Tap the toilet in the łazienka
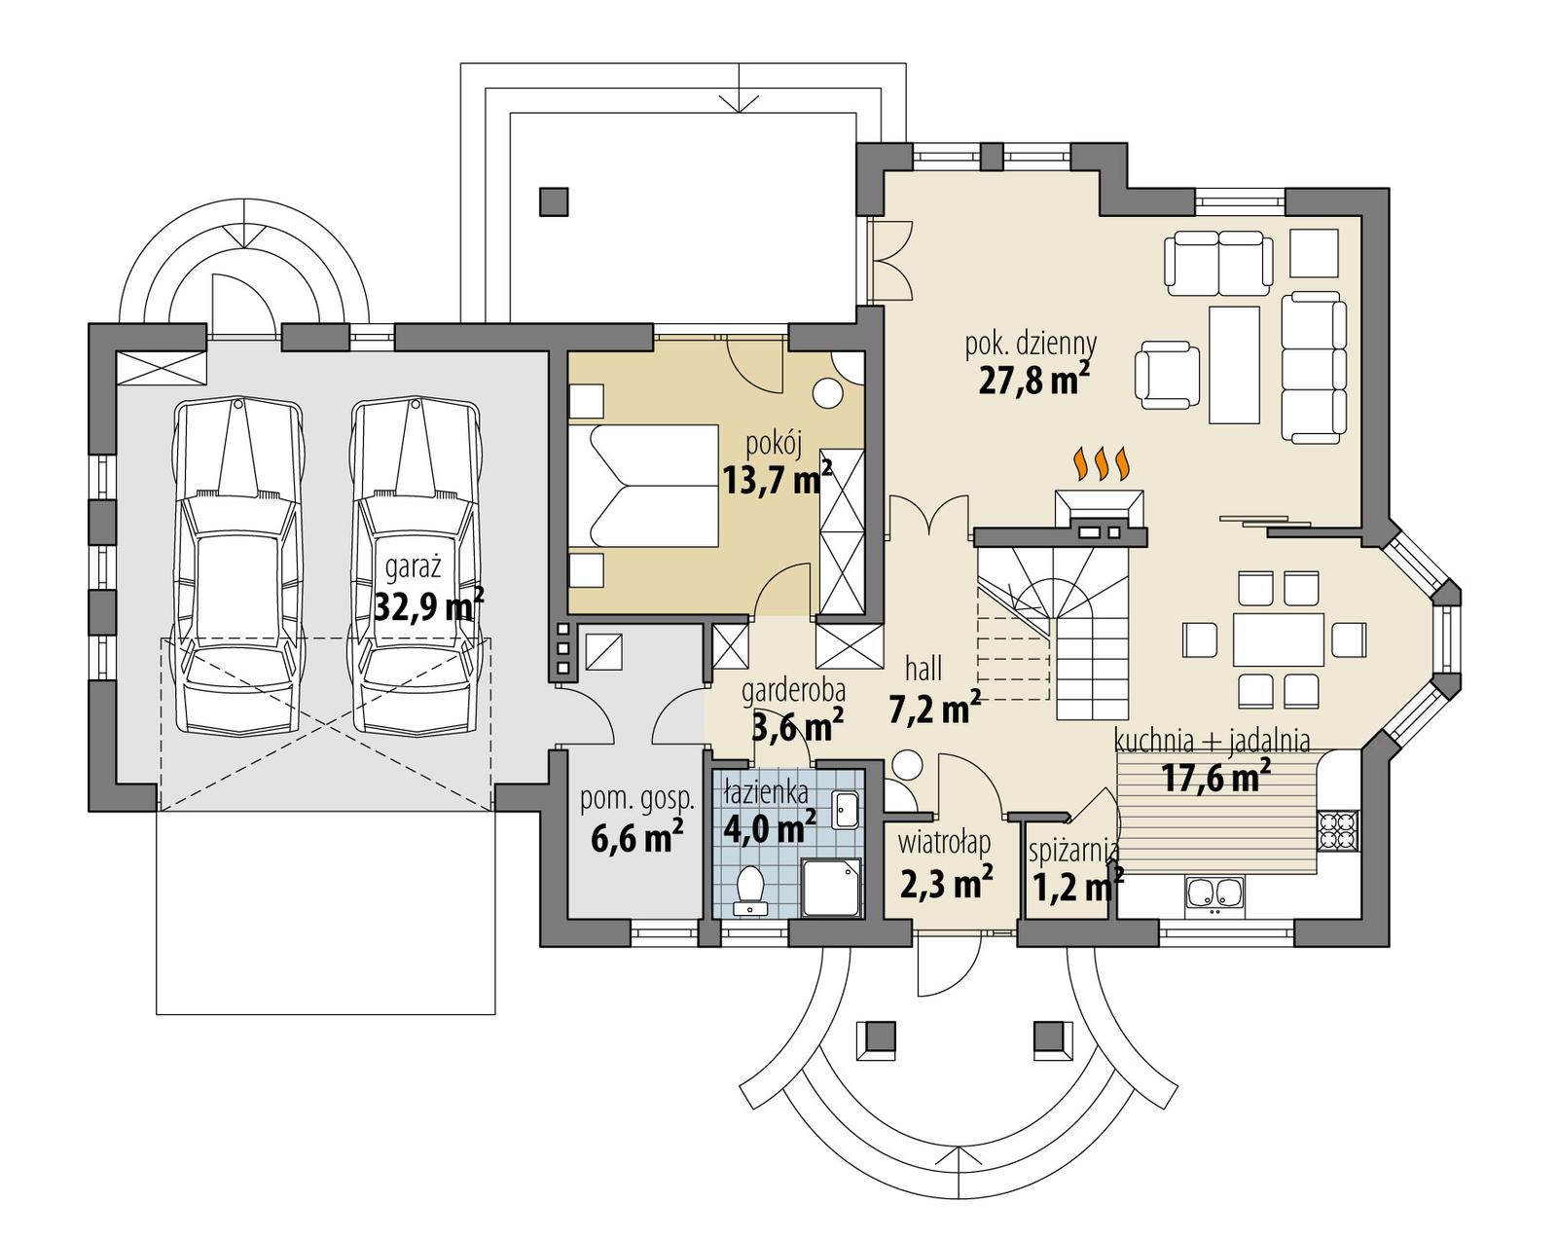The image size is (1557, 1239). pos(750,888)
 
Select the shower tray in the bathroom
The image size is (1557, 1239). pos(831,887)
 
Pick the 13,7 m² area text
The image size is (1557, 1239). pos(776,477)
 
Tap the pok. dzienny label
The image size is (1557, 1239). pos(1031,344)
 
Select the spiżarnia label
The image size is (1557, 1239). pos(1074,851)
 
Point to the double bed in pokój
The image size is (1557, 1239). pos(643,485)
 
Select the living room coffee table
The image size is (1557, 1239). pos(1234,364)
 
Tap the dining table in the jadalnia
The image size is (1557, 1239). pos(1279,639)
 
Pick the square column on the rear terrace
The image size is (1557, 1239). pos(555,201)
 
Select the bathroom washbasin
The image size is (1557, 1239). pos(845,809)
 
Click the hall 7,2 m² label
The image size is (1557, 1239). pos(931,692)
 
